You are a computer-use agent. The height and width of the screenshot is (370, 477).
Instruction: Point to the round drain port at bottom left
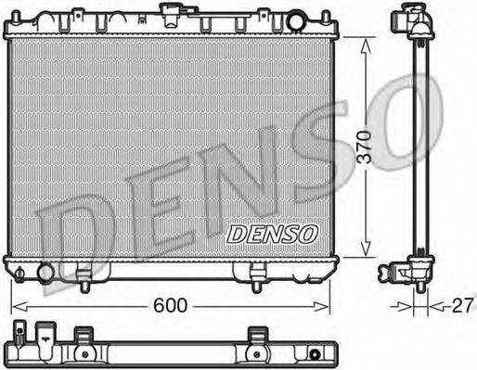(x=45, y=273)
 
